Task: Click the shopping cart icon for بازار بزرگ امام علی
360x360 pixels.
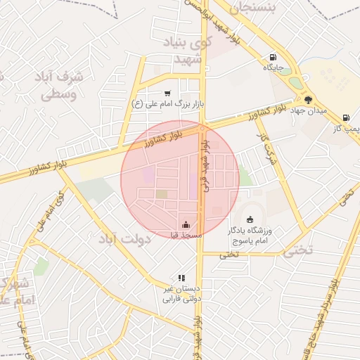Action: (167, 94)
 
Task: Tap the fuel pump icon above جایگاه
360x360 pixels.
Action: (273, 58)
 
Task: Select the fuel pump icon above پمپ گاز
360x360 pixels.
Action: (345, 117)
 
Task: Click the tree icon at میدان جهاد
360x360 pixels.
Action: (309, 100)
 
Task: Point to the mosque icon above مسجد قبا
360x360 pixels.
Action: (186, 224)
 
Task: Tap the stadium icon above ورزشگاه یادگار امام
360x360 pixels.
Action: (250, 219)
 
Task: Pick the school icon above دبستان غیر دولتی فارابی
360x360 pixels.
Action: (181, 278)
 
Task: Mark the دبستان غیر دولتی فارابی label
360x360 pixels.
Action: (181, 293)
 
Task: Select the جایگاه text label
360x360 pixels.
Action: (273, 69)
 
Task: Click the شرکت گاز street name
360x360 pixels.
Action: (264, 148)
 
